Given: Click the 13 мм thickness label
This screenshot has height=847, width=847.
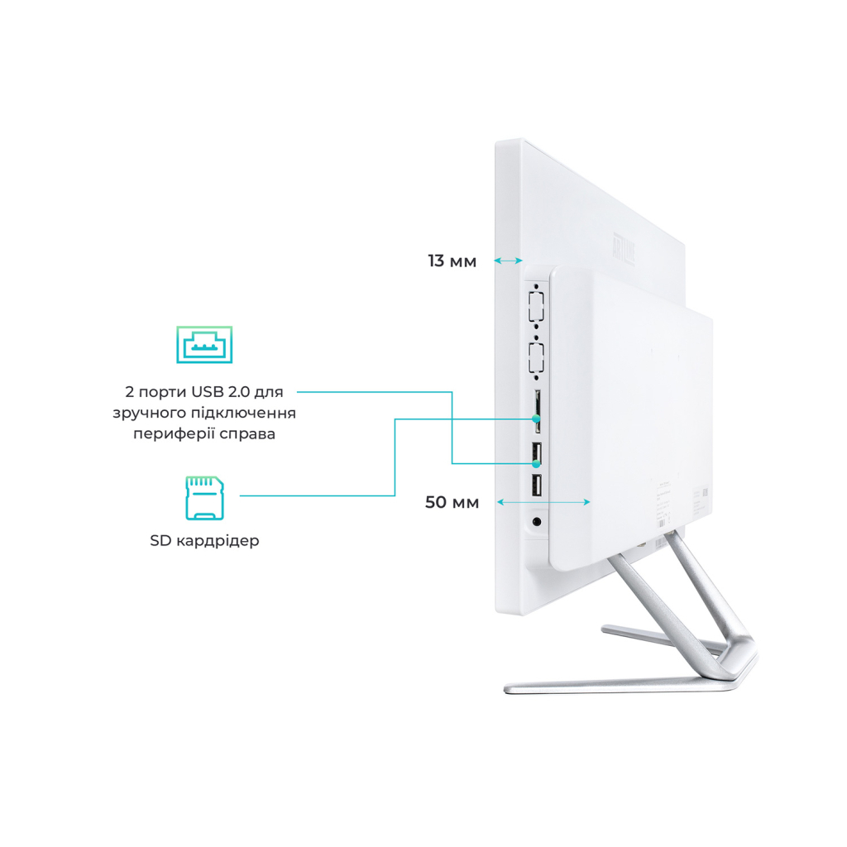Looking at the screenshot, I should pos(452,261).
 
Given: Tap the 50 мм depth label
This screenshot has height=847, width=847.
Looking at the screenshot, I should pos(452,502).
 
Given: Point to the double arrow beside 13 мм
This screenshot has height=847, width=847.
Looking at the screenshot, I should pos(509,261).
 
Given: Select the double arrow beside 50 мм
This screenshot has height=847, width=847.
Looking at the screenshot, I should pos(543,502).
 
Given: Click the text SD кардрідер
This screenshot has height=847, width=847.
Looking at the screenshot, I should pos(204,541).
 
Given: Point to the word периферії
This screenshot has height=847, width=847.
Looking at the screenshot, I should pos(169,433).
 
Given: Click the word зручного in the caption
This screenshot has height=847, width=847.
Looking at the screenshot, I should pos(146,412).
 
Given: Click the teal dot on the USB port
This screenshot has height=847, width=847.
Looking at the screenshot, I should pos(536,463).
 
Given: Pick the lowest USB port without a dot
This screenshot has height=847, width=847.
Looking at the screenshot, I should pos(536,486).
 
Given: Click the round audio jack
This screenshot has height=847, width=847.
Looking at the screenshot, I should pos(538,522).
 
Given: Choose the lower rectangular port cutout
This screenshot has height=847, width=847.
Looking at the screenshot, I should pos(535,361).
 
